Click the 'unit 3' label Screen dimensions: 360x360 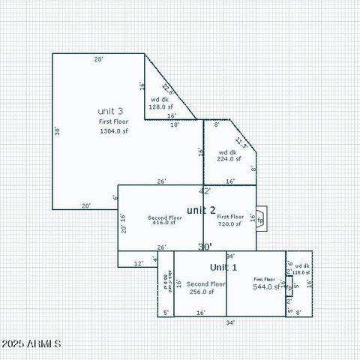(110, 110)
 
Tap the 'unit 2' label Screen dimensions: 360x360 (201, 209)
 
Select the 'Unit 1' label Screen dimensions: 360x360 (223, 267)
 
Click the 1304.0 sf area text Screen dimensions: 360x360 (115, 130)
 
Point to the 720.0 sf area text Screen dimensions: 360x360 (229, 224)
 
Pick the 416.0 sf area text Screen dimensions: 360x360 (163, 223)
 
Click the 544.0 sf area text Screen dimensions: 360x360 (265, 286)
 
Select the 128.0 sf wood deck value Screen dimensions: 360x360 (162, 107)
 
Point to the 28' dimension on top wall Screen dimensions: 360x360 (98, 58)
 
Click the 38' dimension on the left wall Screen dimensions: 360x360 (57, 130)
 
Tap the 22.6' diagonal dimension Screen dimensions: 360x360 (167, 89)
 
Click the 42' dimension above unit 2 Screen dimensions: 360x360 (204, 191)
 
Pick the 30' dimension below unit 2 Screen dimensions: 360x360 (204, 246)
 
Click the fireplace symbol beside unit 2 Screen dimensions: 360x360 (260, 220)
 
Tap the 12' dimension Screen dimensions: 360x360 (138, 263)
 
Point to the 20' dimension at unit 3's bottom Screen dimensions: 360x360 (86, 205)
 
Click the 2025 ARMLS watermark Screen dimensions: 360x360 (31, 343)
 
